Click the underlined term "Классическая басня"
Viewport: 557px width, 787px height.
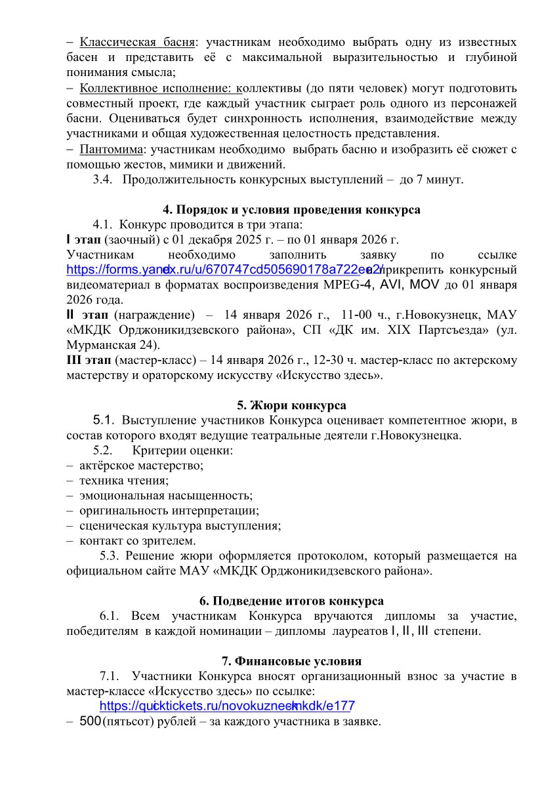pos(138,43)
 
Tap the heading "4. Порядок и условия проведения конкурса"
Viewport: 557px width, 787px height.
pos(291,210)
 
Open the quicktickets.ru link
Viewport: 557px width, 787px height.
pos(227,706)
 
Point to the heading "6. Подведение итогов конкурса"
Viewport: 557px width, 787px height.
pos(291,601)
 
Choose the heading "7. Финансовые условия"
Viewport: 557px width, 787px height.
pos(291,660)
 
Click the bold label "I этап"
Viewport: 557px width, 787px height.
pos(85,239)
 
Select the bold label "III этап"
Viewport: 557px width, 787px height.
pos(89,360)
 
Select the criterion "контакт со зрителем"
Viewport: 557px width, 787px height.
pos(138,540)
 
